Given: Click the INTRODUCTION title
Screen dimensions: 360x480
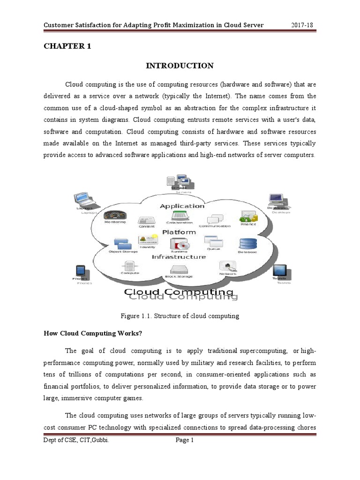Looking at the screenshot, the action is click(180, 66).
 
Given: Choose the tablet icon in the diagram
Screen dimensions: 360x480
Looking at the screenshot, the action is click(281, 270).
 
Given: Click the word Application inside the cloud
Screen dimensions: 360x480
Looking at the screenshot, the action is click(182, 206).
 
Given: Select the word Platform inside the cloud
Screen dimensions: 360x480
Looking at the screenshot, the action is click(179, 232).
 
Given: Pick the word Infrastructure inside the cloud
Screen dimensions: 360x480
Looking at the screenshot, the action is click(179, 256).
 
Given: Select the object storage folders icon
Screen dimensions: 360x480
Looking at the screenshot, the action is click(123, 243).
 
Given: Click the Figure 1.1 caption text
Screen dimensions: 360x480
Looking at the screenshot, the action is click(180, 316).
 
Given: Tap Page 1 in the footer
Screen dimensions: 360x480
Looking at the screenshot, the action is click(184, 440).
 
